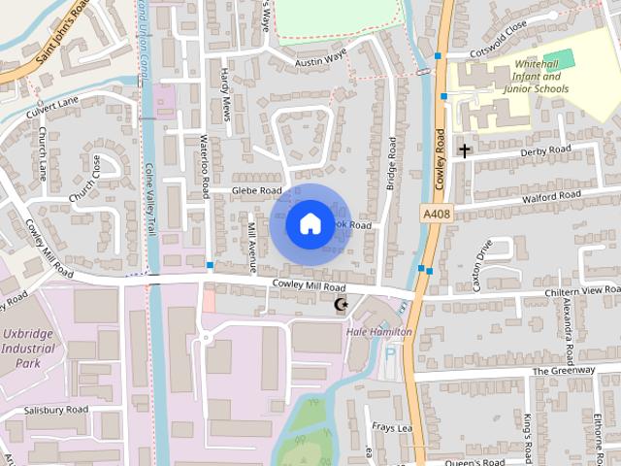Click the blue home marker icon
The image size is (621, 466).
(309, 223)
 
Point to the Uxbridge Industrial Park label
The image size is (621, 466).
(33, 349)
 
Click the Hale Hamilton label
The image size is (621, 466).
(379, 332)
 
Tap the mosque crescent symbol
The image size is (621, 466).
(341, 305)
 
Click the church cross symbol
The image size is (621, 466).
(465, 150)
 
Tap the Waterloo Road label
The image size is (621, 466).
(205, 166)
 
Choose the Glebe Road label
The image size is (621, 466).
(256, 190)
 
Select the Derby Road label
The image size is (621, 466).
(545, 150)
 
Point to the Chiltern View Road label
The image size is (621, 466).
(581, 290)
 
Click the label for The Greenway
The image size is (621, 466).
(562, 371)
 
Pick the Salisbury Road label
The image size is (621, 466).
(56, 410)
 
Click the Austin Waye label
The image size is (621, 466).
(320, 58)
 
